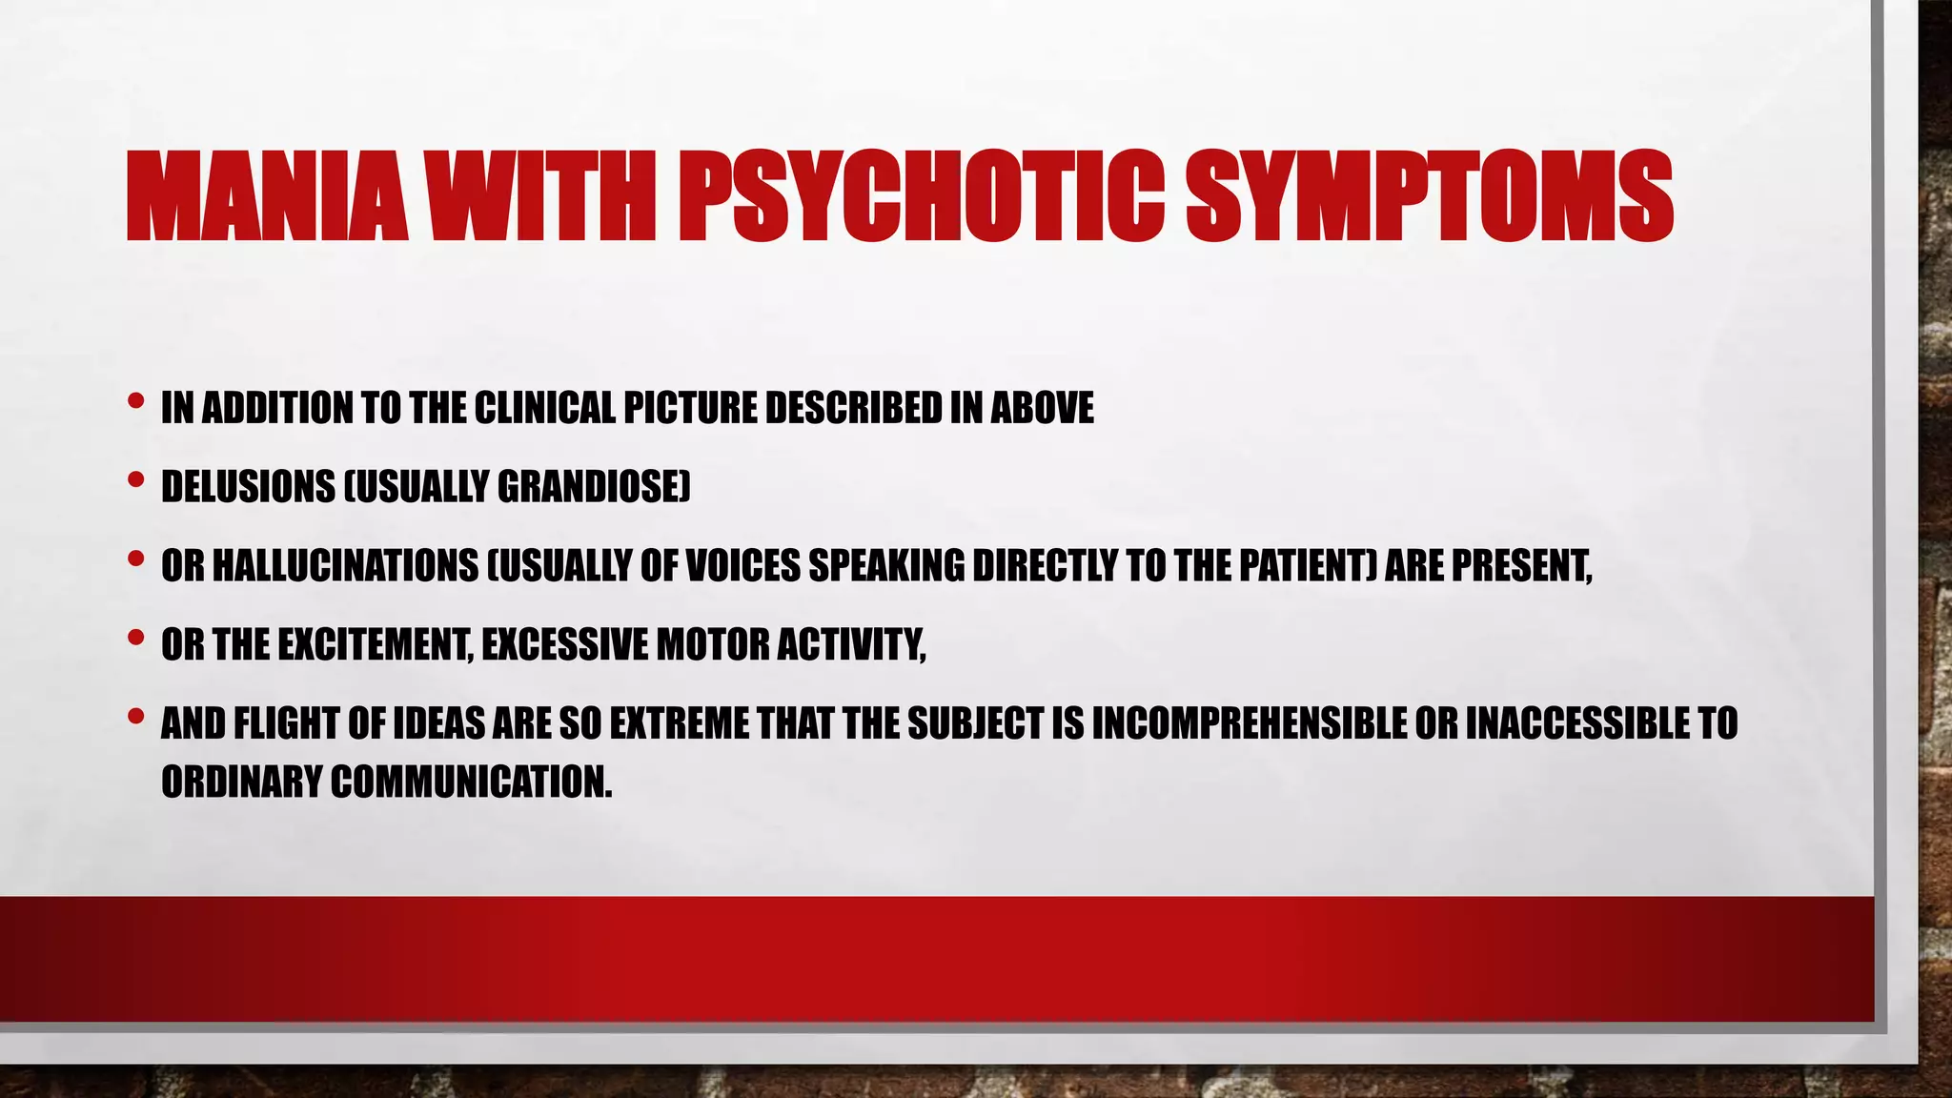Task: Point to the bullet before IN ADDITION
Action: click(135, 401)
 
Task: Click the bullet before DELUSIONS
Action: click(135, 480)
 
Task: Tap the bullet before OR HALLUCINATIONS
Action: click(135, 559)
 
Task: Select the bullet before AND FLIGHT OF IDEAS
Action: click(135, 717)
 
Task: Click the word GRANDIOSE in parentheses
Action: click(589, 488)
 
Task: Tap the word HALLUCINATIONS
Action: click(345, 567)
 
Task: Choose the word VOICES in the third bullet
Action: click(742, 567)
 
